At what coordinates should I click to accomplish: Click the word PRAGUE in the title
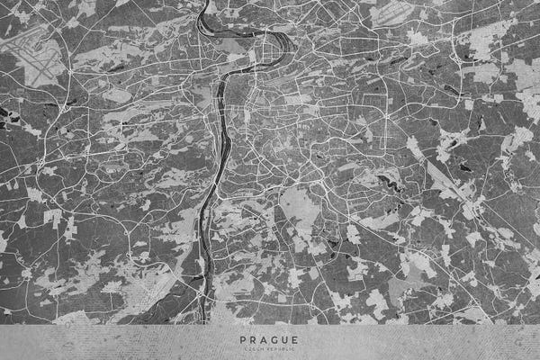[270, 339]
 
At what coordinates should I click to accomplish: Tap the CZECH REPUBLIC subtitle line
[270, 348]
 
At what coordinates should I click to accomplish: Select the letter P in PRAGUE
[243, 339]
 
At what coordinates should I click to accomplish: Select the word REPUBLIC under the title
[278, 348]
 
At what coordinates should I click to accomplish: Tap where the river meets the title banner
[205, 322]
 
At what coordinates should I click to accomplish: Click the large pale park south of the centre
[301, 209]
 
